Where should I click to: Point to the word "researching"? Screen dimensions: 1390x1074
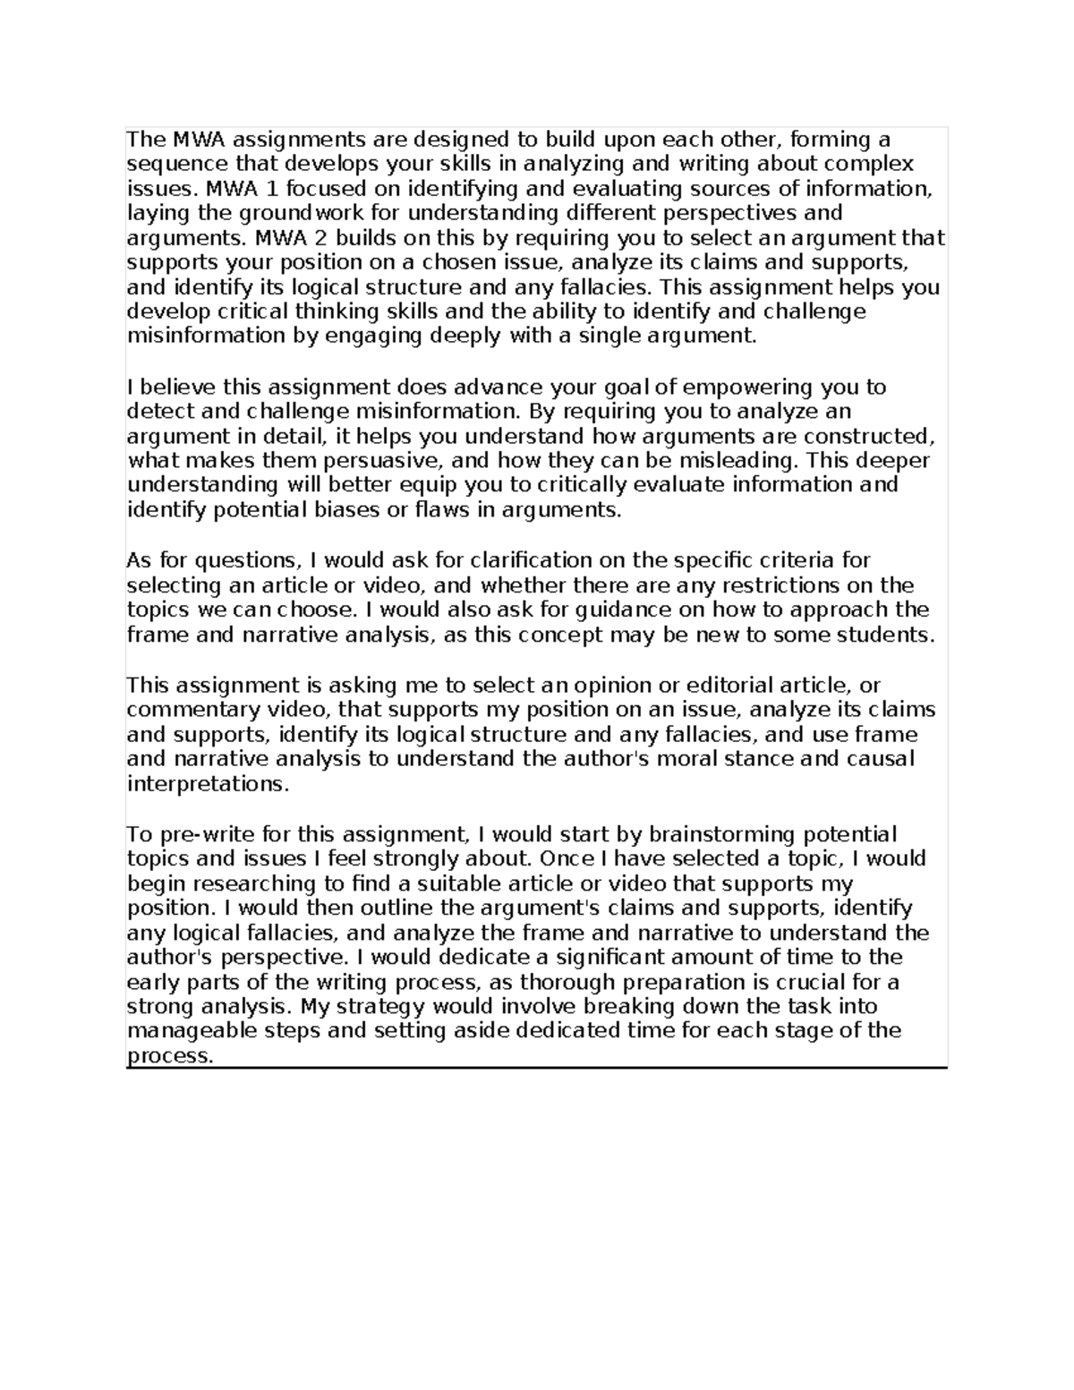260,884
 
